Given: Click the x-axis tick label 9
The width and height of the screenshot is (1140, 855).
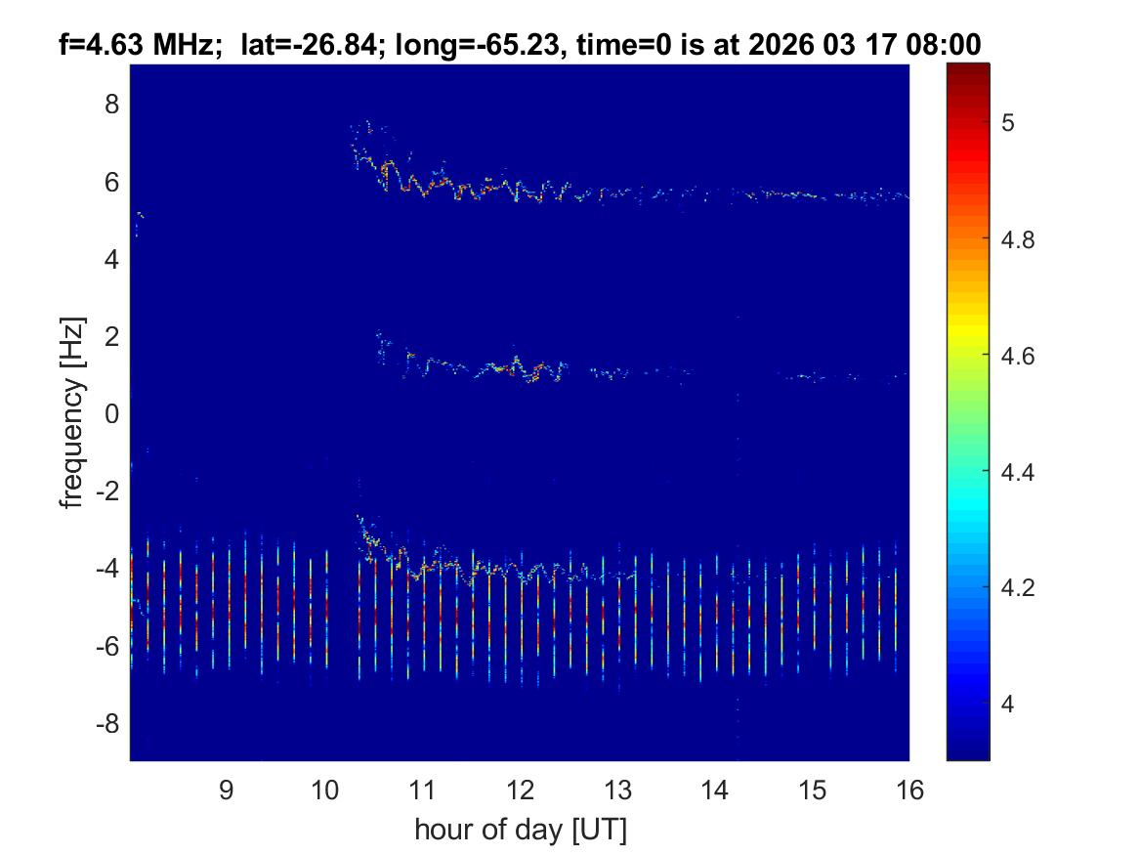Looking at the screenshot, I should pyautogui.click(x=226, y=791).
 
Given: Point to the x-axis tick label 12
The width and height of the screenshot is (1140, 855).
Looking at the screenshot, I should pyautogui.click(x=519, y=791).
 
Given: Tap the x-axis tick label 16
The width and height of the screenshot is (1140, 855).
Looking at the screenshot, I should pyautogui.click(x=909, y=791).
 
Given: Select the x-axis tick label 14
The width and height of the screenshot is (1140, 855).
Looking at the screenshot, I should pyautogui.click(x=714, y=791).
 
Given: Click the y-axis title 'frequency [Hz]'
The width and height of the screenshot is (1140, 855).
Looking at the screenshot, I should pyautogui.click(x=70, y=412).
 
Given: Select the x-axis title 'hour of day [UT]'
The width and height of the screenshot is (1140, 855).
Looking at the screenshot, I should pyautogui.click(x=520, y=831).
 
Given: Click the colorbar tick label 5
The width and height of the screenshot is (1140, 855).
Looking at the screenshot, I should pyautogui.click(x=1016, y=122).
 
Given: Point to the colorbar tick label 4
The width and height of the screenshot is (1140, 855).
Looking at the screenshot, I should pyautogui.click(x=1016, y=705).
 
